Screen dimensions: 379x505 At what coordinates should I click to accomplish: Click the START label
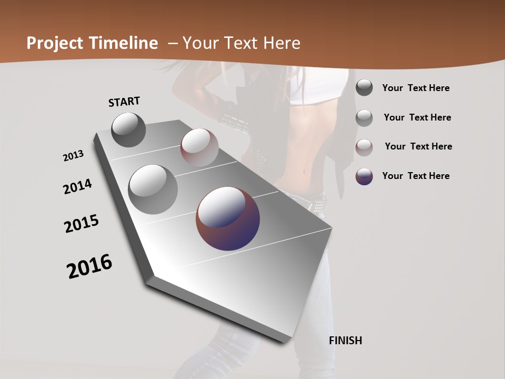[x=124, y=102]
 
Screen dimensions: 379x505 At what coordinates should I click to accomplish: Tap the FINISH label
[x=345, y=341]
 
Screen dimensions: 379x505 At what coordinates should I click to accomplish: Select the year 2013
[x=73, y=156]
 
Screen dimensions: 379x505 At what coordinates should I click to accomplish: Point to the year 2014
[x=77, y=187]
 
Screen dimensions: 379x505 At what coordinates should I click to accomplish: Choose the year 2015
[x=82, y=224]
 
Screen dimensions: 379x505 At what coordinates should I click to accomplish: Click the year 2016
[x=89, y=266]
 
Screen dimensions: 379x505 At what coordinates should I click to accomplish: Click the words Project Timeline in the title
[x=92, y=43]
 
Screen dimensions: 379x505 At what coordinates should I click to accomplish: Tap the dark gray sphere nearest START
[x=128, y=129]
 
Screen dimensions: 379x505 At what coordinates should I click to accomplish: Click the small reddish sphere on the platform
[x=199, y=147]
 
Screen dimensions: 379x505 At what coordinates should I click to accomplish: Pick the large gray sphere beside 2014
[x=153, y=189]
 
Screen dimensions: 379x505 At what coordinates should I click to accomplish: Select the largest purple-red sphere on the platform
[x=228, y=218]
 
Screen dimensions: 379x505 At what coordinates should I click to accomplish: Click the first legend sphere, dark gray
[x=364, y=88]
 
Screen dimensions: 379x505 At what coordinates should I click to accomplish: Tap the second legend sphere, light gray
[x=364, y=118]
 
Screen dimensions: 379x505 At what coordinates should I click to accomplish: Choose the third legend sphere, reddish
[x=364, y=147]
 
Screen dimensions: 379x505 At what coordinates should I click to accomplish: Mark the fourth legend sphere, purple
[x=364, y=176]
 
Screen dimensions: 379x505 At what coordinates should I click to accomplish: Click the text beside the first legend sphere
[x=416, y=88]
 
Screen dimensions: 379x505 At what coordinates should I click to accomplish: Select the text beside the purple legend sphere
[x=416, y=176]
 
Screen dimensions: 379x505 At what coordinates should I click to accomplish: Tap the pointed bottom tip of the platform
[x=284, y=341]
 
